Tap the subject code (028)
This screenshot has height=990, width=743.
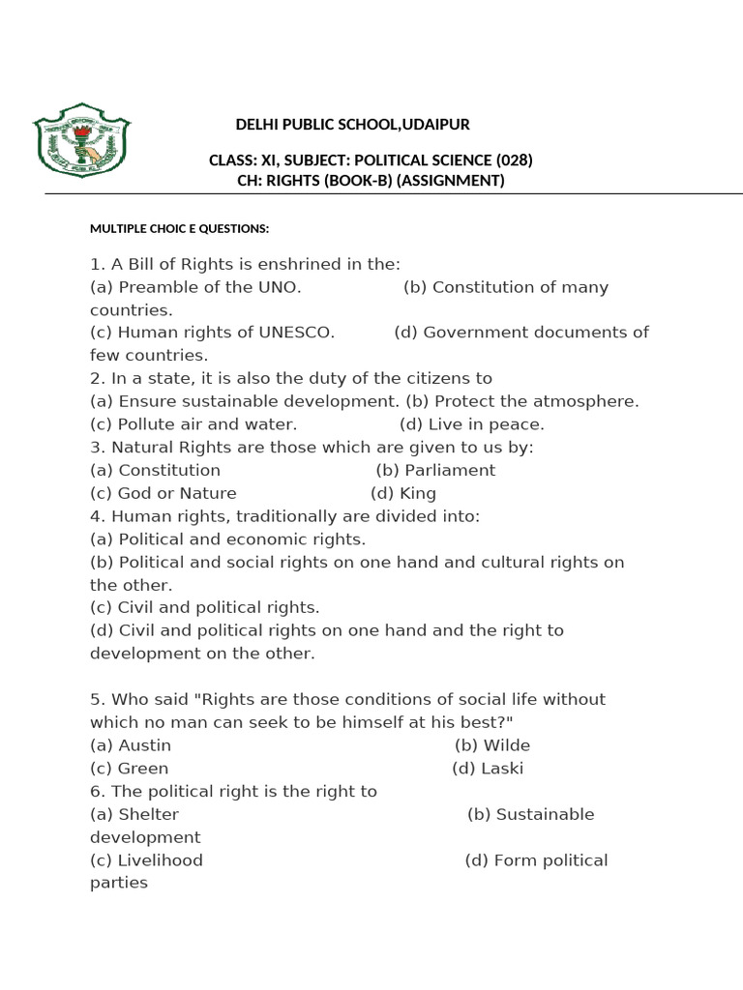tap(514, 160)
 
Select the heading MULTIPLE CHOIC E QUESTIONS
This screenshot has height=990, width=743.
tap(179, 229)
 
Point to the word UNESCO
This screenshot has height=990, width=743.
tap(296, 333)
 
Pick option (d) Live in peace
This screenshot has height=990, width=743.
tap(471, 424)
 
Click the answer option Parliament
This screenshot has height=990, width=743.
tap(449, 470)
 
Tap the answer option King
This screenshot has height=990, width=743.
tap(418, 493)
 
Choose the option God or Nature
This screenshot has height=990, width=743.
tap(177, 493)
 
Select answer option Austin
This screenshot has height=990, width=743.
tap(144, 745)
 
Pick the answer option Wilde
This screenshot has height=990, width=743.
tap(506, 745)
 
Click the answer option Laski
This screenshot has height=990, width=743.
tap(501, 769)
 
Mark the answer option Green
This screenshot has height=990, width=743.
tap(143, 769)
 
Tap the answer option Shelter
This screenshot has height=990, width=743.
tap(148, 814)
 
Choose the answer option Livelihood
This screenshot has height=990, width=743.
tap(161, 860)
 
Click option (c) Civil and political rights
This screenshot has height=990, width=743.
tap(204, 607)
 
